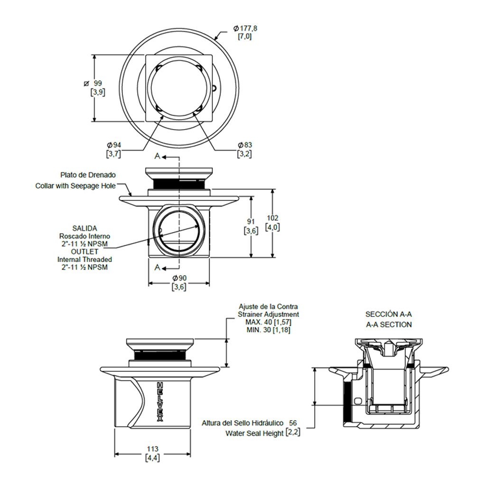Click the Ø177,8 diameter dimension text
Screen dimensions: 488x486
[x=245, y=28]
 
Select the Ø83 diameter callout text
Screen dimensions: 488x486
[x=244, y=145]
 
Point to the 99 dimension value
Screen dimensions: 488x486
[x=98, y=83]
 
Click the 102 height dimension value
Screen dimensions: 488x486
[x=272, y=218]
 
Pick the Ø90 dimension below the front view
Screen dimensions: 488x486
[x=179, y=278]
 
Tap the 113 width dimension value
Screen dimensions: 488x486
[x=152, y=449]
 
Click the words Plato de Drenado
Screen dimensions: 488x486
[x=88, y=175]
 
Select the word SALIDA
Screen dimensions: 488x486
[x=84, y=228]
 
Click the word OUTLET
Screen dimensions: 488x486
[x=84, y=252]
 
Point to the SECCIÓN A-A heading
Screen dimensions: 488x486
[x=389, y=314]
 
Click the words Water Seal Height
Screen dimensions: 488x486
[x=254, y=433]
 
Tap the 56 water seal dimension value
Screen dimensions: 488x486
[x=292, y=422]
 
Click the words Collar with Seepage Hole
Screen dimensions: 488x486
[x=75, y=186]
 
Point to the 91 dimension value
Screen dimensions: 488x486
[x=251, y=222]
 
